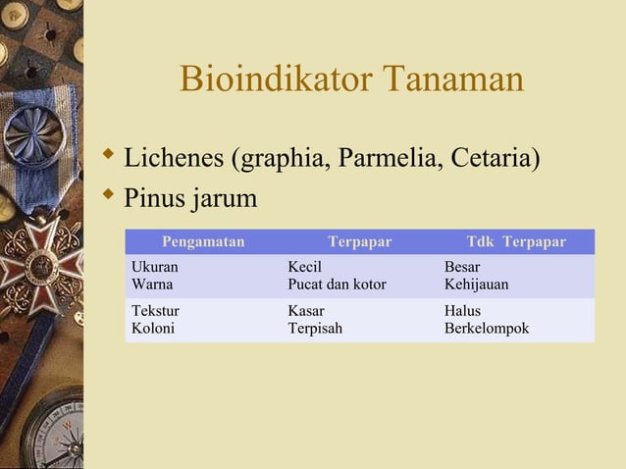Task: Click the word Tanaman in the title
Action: [x=450, y=80]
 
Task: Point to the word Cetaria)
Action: [x=496, y=156]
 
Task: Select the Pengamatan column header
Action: [x=203, y=241]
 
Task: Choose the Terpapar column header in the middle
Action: [x=359, y=241]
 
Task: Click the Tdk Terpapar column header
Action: [x=516, y=241]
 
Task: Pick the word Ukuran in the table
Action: [x=155, y=267]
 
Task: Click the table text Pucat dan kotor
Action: [x=337, y=285]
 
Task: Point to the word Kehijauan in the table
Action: [x=476, y=285]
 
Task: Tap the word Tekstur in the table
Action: [x=155, y=310]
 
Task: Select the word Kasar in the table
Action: [x=306, y=310]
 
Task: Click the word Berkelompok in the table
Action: [x=487, y=328]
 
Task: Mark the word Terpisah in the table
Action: [x=315, y=328]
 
